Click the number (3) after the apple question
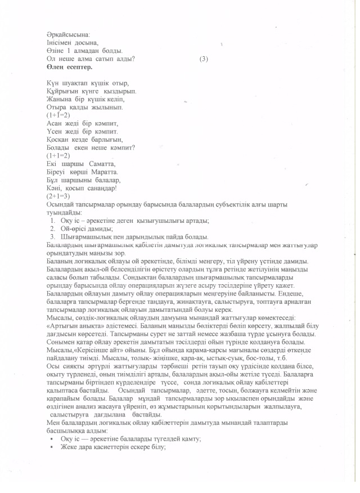click(204, 59)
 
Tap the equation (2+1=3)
click(57, 197)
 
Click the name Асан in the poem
click(55, 123)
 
